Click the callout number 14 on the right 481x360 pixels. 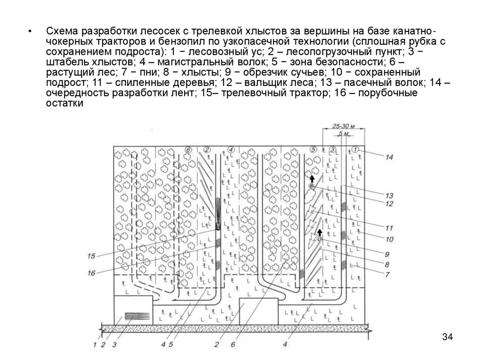point(389,158)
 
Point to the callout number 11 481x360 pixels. point(389,228)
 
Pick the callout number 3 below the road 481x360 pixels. point(114,345)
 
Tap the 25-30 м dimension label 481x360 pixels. point(342,126)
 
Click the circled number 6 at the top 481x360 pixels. point(188,149)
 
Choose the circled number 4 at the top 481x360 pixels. point(231,149)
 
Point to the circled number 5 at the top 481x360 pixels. point(314,149)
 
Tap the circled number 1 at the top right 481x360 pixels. point(355,149)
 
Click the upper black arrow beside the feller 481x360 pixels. point(311,178)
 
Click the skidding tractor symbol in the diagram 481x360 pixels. point(218,226)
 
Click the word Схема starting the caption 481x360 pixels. point(62,31)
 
